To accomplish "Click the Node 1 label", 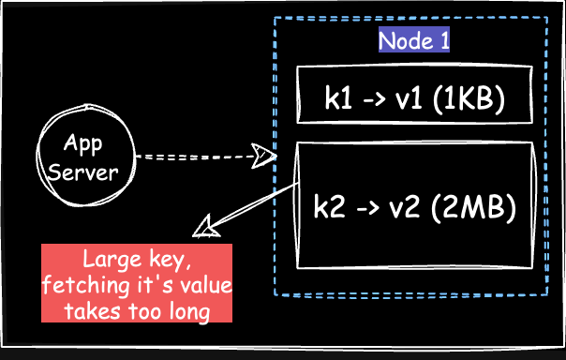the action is click(x=413, y=41).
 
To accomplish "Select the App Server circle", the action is click(x=84, y=158).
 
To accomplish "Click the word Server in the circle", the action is click(x=84, y=172).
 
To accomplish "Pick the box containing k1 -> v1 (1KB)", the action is click(x=413, y=95).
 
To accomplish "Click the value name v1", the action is click(x=406, y=96).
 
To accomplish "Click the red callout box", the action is click(x=137, y=283).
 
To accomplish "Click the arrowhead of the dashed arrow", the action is click(x=264, y=157).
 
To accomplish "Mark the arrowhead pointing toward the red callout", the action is click(x=203, y=228).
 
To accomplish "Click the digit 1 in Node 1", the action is click(x=443, y=41).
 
